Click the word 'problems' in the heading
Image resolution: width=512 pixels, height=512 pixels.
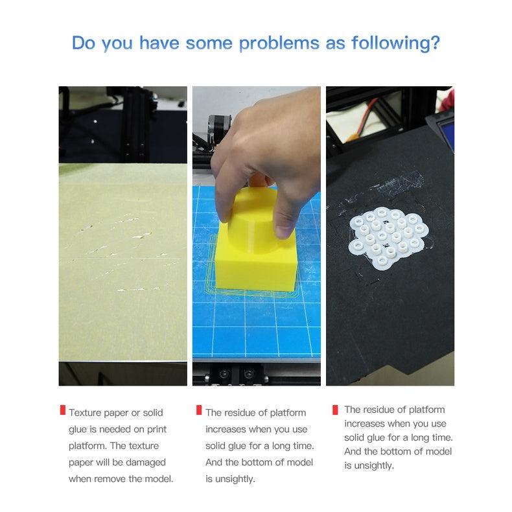(x=279, y=44)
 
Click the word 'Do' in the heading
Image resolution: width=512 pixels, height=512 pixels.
(x=84, y=43)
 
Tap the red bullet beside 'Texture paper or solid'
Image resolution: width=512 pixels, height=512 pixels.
(x=63, y=410)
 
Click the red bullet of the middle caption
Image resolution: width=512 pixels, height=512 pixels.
(x=199, y=410)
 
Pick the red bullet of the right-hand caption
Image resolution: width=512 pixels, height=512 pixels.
(x=335, y=410)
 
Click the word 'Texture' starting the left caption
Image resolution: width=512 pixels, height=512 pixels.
(x=85, y=413)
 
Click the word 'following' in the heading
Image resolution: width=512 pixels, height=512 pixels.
(x=391, y=44)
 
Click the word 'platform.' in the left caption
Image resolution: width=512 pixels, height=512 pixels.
(x=88, y=446)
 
